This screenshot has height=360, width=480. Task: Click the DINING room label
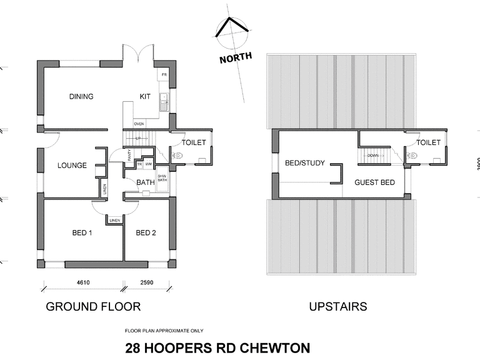(x=81, y=96)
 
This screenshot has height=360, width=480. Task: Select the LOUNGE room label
(x=72, y=166)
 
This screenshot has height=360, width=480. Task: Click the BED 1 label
(x=82, y=233)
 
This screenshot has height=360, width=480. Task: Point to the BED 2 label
(x=146, y=233)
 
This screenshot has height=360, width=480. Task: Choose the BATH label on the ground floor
(x=145, y=182)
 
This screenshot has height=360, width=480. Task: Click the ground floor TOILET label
(x=194, y=142)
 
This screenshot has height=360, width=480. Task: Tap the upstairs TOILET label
(x=428, y=142)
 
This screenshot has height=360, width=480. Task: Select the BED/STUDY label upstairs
(x=305, y=164)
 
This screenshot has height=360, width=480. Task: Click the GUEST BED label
(x=374, y=182)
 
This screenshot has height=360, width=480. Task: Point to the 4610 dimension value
(x=83, y=283)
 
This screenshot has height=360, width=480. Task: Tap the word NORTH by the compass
(x=236, y=57)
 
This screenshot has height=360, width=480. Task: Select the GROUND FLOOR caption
(x=93, y=307)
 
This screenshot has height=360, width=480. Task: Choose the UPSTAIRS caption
(x=338, y=307)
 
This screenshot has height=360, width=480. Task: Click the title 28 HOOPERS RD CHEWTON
(x=217, y=347)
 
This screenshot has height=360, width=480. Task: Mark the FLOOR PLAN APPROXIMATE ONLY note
(x=164, y=331)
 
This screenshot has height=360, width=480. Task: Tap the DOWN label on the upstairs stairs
(x=372, y=156)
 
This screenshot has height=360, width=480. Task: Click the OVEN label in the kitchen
(x=139, y=124)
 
